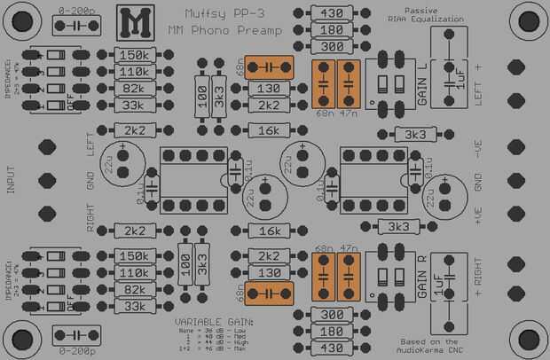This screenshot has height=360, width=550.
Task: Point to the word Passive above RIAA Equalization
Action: (409, 10)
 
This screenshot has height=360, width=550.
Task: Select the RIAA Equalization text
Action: (409, 19)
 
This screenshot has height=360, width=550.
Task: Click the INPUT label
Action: (12, 180)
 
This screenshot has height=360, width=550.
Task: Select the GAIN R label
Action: (422, 277)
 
